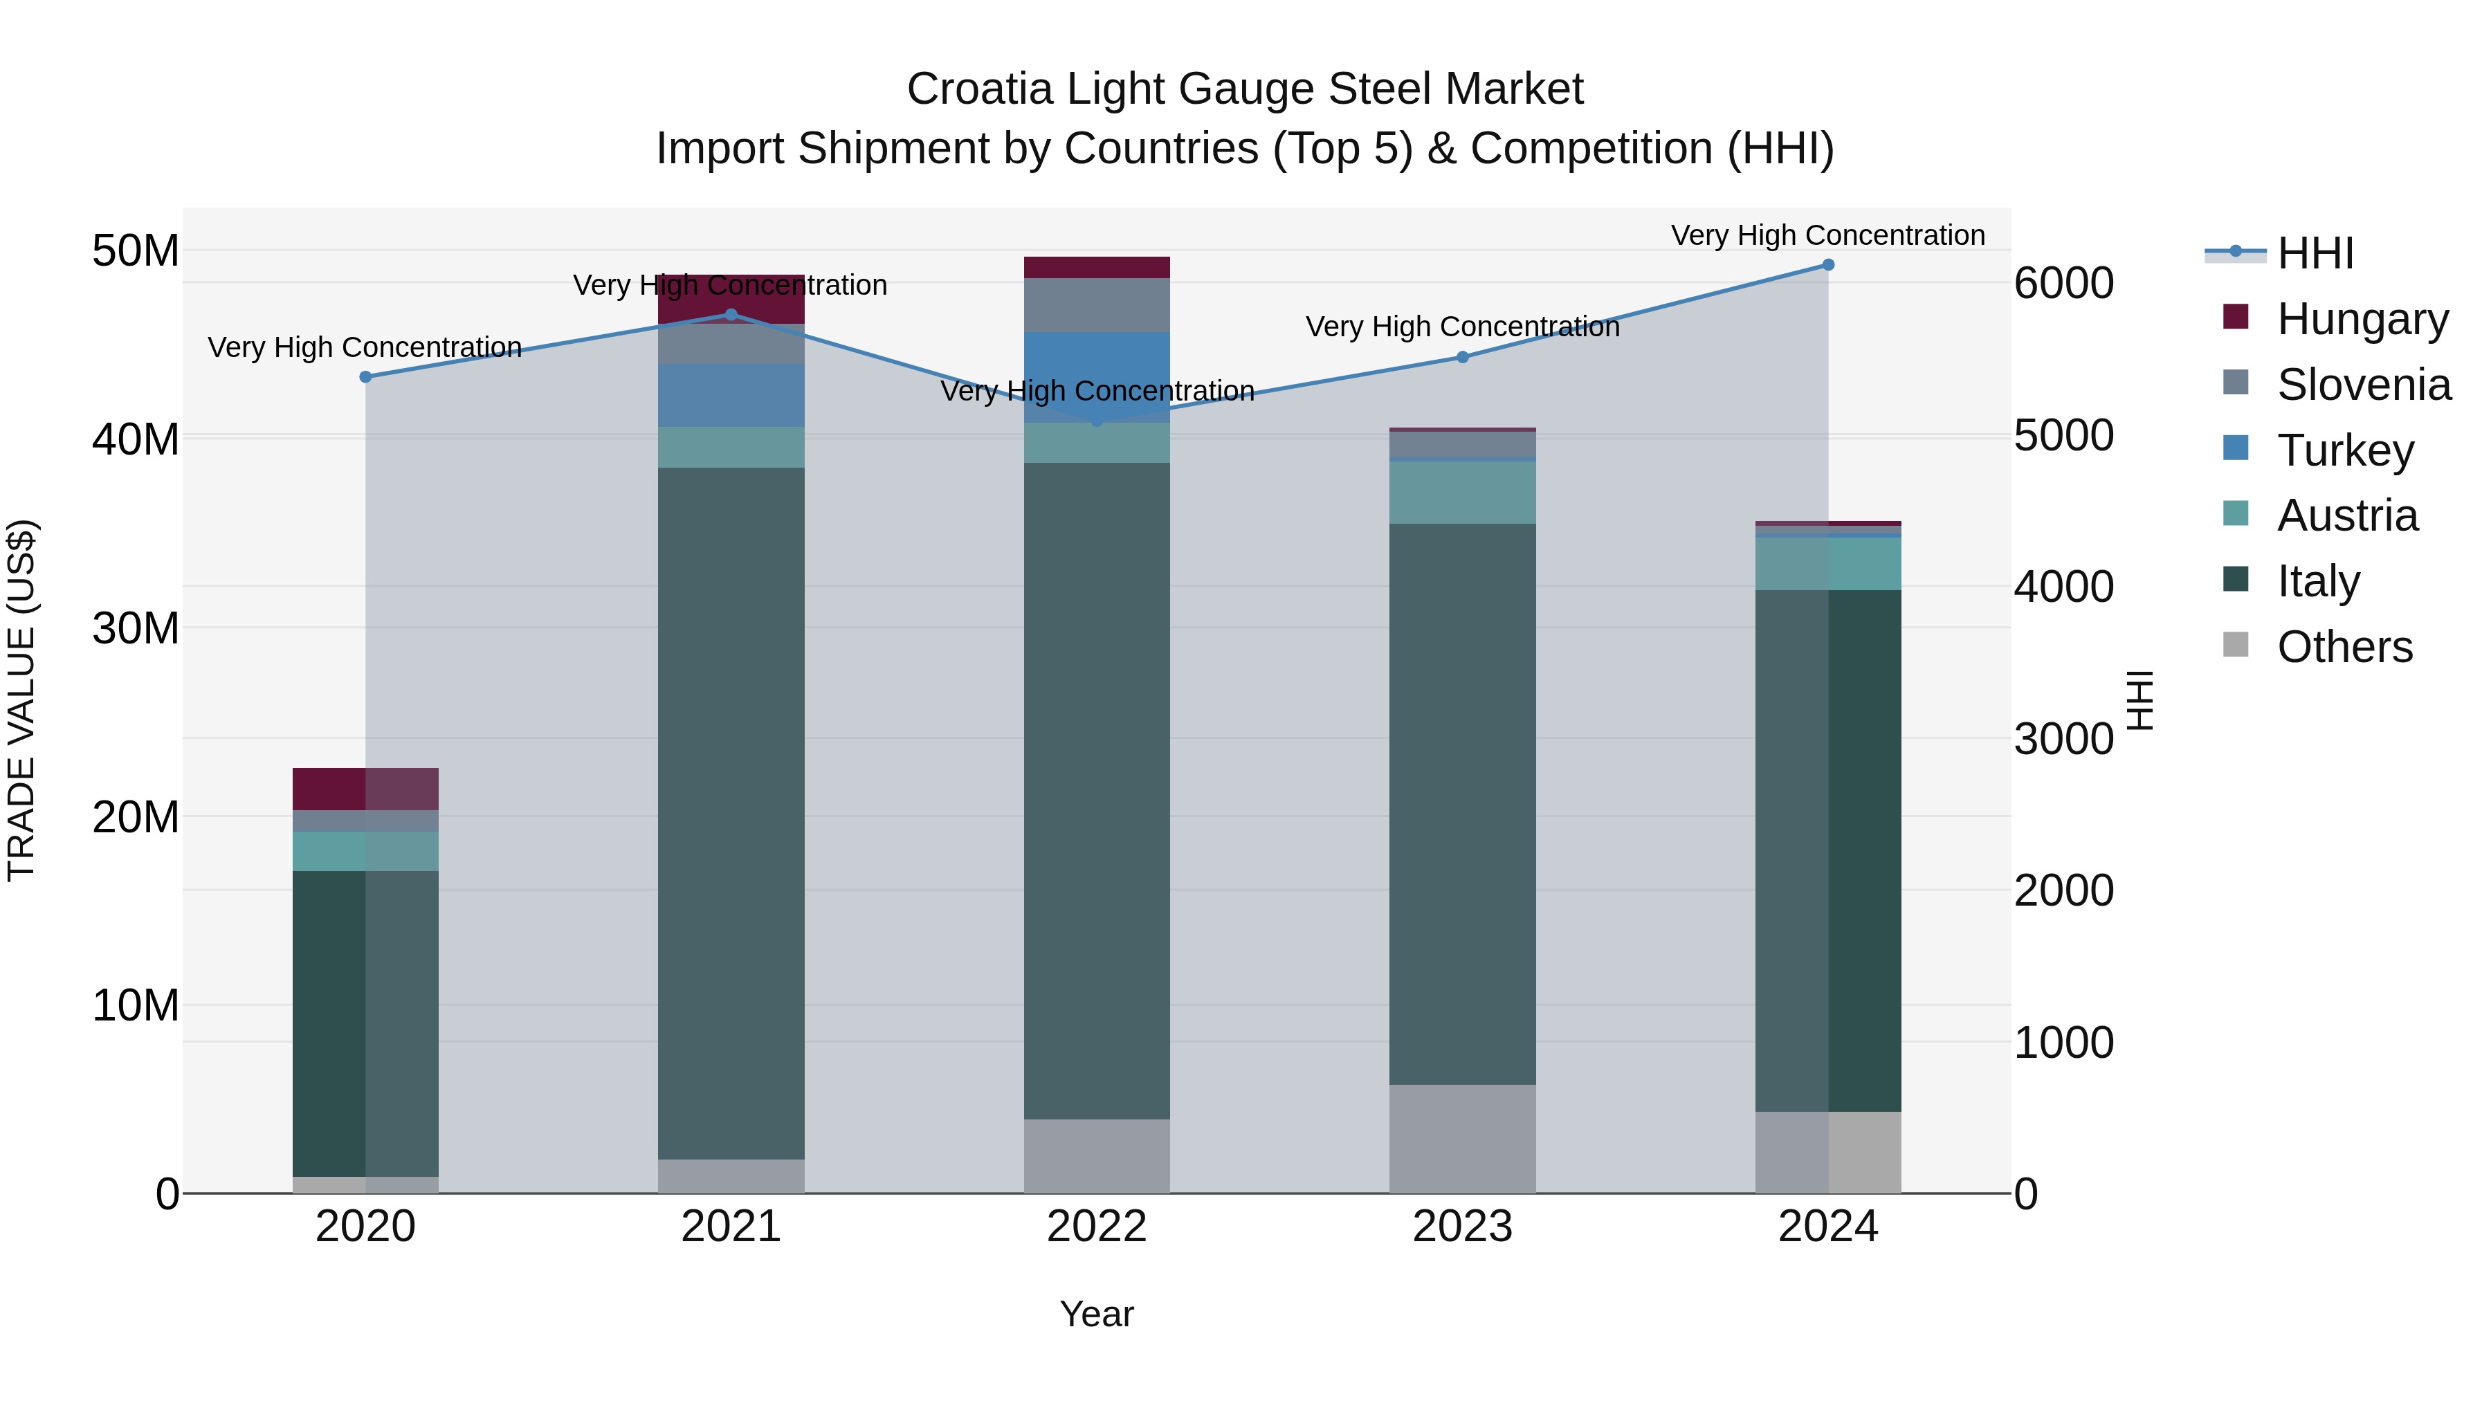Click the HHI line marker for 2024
pos(1827,265)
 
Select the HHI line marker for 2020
pos(365,377)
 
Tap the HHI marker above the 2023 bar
pos(1462,358)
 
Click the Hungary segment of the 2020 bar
pos(365,789)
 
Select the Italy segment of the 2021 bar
pos(731,812)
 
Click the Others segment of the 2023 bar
pos(1462,1138)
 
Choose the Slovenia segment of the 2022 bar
pos(1097,306)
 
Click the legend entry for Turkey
pos(2345,450)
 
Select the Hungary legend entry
pos(2362,319)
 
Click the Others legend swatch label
pos(2344,647)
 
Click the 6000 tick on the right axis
pos(2063,284)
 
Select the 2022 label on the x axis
pos(1097,1227)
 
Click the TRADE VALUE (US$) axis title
pos(21,700)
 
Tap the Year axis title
pos(1097,1314)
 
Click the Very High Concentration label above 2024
pos(1827,235)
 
